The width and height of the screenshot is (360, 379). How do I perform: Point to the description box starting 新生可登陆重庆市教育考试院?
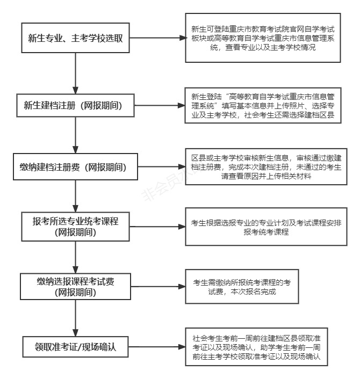coord(263,38)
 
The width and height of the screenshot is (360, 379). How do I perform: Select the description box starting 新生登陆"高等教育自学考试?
coord(263,105)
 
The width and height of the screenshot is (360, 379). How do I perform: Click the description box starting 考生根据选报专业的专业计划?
coord(263,227)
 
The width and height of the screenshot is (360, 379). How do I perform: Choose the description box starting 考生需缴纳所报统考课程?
coord(241,287)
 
